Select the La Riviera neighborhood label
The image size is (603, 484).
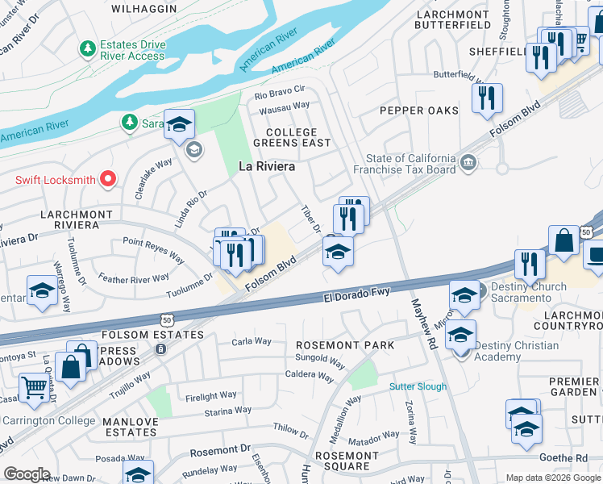(x=267, y=167)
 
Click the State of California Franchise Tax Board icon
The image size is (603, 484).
(x=468, y=165)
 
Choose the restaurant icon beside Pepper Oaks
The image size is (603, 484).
(x=486, y=99)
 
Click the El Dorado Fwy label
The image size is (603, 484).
(x=358, y=291)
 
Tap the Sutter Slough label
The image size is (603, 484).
(x=418, y=387)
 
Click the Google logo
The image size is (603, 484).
(x=27, y=474)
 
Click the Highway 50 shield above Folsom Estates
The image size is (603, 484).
(x=166, y=320)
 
